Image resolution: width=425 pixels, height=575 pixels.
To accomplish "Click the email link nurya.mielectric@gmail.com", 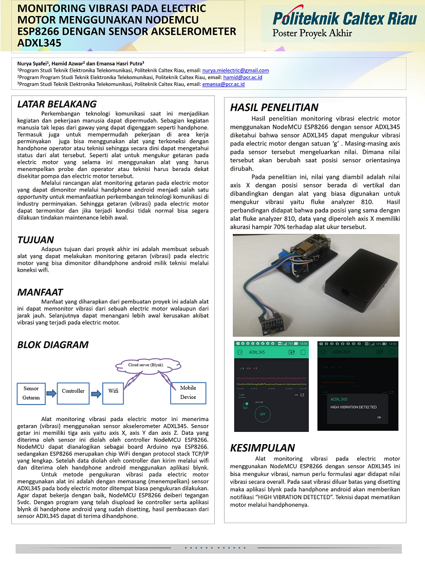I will [x=235, y=70].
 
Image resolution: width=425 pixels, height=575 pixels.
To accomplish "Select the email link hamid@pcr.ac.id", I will [x=243, y=77].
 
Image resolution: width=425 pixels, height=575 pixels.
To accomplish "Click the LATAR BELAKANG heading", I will [x=57, y=104].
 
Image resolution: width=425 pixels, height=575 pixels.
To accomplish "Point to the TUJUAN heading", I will [x=35, y=240].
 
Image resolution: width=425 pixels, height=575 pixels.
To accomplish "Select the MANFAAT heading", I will [x=40, y=292].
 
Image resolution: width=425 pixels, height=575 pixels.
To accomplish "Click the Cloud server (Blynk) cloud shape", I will [x=145, y=365].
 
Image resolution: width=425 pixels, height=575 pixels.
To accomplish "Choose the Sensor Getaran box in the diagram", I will [x=31, y=393].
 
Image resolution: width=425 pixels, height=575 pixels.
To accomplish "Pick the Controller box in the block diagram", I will [x=73, y=391].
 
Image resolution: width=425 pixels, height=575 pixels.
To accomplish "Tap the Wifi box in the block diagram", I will [x=113, y=391].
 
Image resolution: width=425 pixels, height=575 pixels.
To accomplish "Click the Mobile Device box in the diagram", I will [x=188, y=393].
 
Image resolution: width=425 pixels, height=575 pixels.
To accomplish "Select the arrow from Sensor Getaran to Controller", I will [x=50, y=392].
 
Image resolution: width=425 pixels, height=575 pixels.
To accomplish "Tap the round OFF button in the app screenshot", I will [x=262, y=413].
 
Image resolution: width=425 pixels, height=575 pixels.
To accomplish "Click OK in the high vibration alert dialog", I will [x=379, y=417].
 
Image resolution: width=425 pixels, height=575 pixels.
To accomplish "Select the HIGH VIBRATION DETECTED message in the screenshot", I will [x=354, y=407].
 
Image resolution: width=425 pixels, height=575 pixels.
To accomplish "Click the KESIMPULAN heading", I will [x=263, y=447].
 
